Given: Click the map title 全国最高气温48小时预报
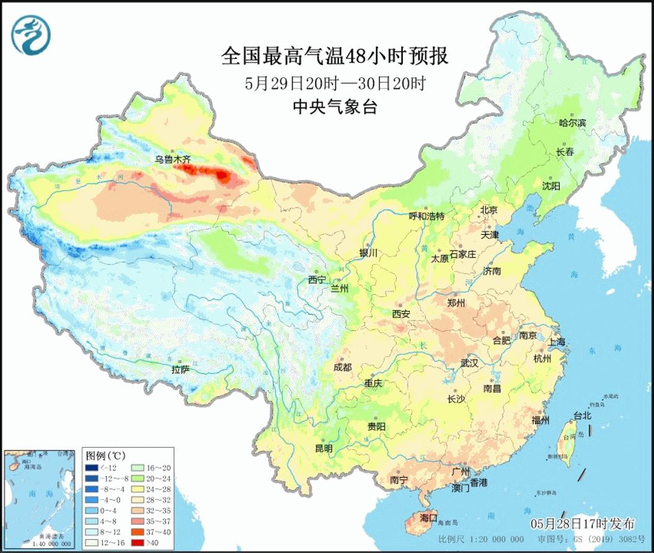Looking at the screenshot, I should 334,57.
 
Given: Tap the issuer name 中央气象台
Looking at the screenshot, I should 335,107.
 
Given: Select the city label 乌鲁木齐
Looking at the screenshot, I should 173,159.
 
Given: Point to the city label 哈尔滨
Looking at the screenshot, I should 572,123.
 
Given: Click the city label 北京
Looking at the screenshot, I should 488,210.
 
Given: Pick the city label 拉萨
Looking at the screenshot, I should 180,369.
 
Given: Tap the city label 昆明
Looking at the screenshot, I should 324,448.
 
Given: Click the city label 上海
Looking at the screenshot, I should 557,342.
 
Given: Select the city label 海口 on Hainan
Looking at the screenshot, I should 428,517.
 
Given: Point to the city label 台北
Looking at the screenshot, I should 582,415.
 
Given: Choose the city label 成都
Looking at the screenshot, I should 342,367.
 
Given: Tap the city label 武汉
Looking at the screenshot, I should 469,363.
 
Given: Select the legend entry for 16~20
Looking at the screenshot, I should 149,467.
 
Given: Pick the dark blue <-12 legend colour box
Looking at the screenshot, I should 92,467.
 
